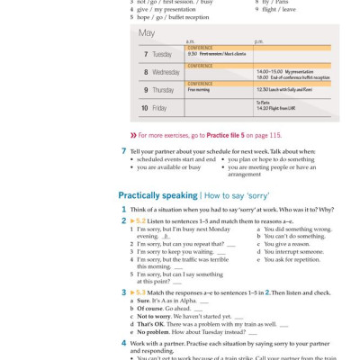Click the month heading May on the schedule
pyautogui.click(x=146, y=33)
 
